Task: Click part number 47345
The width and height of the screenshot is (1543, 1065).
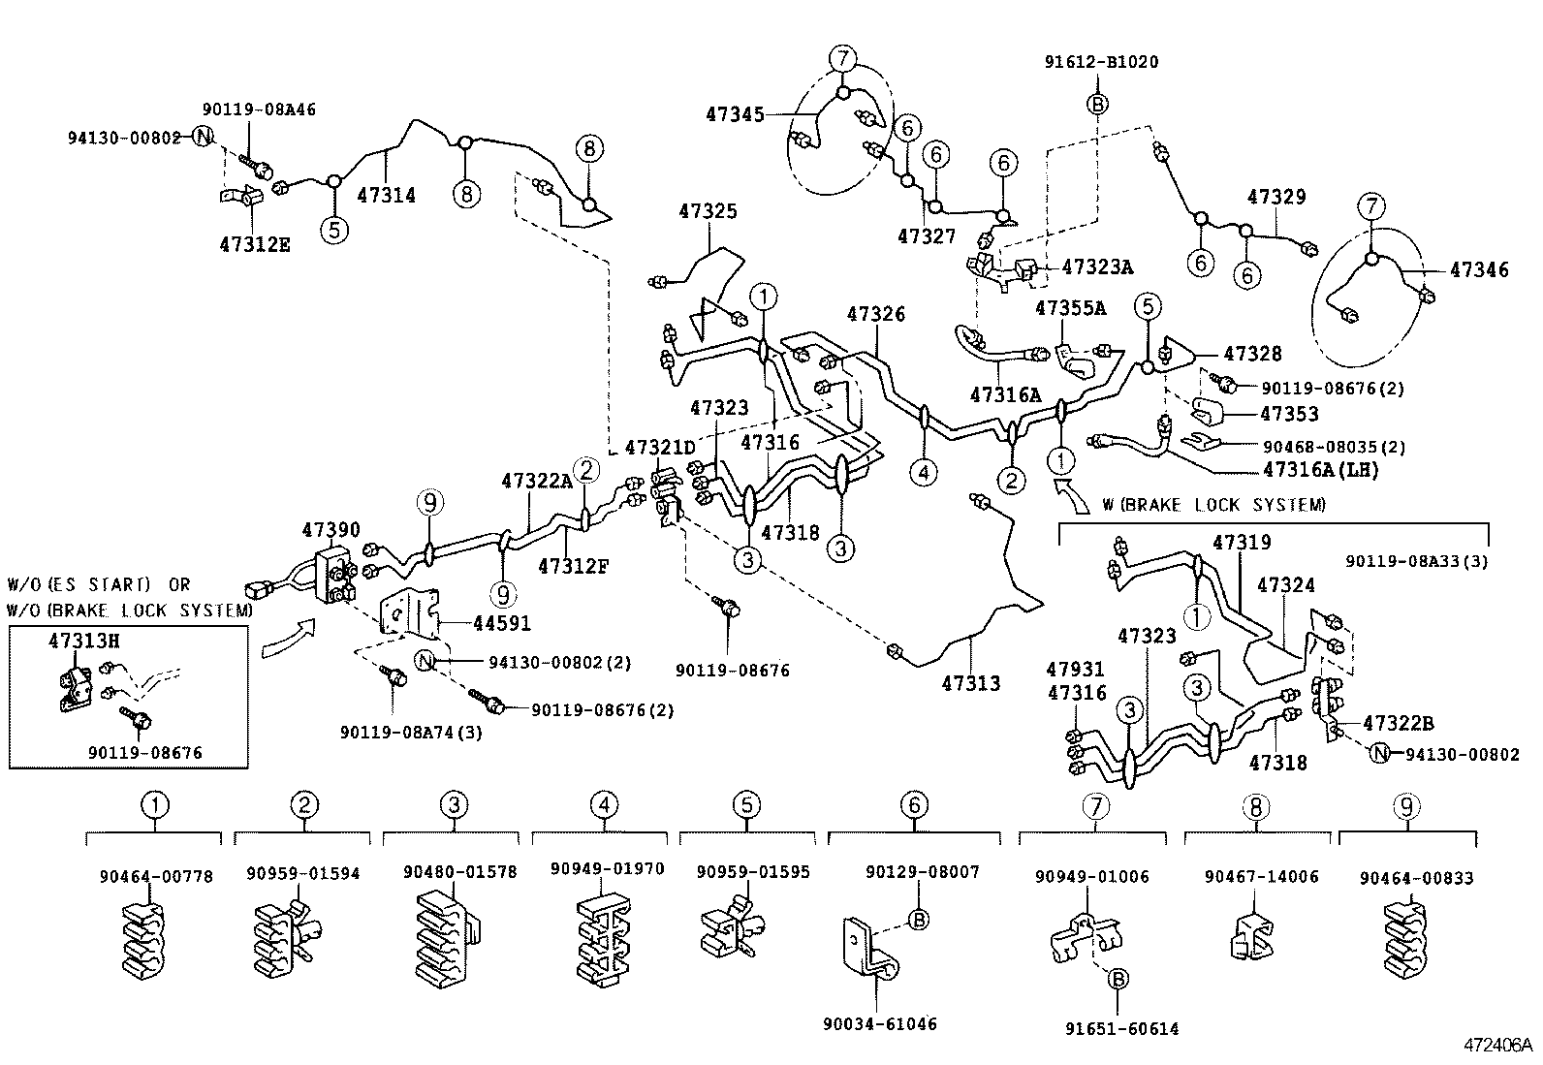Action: pos(735,114)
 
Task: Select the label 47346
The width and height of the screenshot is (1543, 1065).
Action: pos(1479,270)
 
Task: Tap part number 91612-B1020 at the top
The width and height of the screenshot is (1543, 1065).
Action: pos(1101,62)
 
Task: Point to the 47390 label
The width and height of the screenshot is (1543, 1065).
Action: pos(331,530)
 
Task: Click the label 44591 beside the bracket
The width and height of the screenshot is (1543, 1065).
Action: pos(501,624)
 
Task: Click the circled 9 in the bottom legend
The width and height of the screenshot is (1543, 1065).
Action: pos(1407,804)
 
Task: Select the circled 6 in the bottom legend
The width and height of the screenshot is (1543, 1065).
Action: pos(913,804)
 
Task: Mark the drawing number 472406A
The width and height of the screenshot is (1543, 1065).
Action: pos(1497,1046)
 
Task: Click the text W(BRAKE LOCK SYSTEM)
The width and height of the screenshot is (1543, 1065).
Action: pos(1213,505)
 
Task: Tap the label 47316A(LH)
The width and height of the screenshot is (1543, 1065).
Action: pos(1320,470)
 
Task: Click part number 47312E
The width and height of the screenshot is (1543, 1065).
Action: pos(254,244)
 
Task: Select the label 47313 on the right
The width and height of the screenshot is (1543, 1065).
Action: pos(969,683)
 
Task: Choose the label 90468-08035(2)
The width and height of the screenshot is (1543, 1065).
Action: pos(1334,448)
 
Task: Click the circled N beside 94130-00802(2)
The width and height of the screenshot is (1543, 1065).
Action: pos(425,661)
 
